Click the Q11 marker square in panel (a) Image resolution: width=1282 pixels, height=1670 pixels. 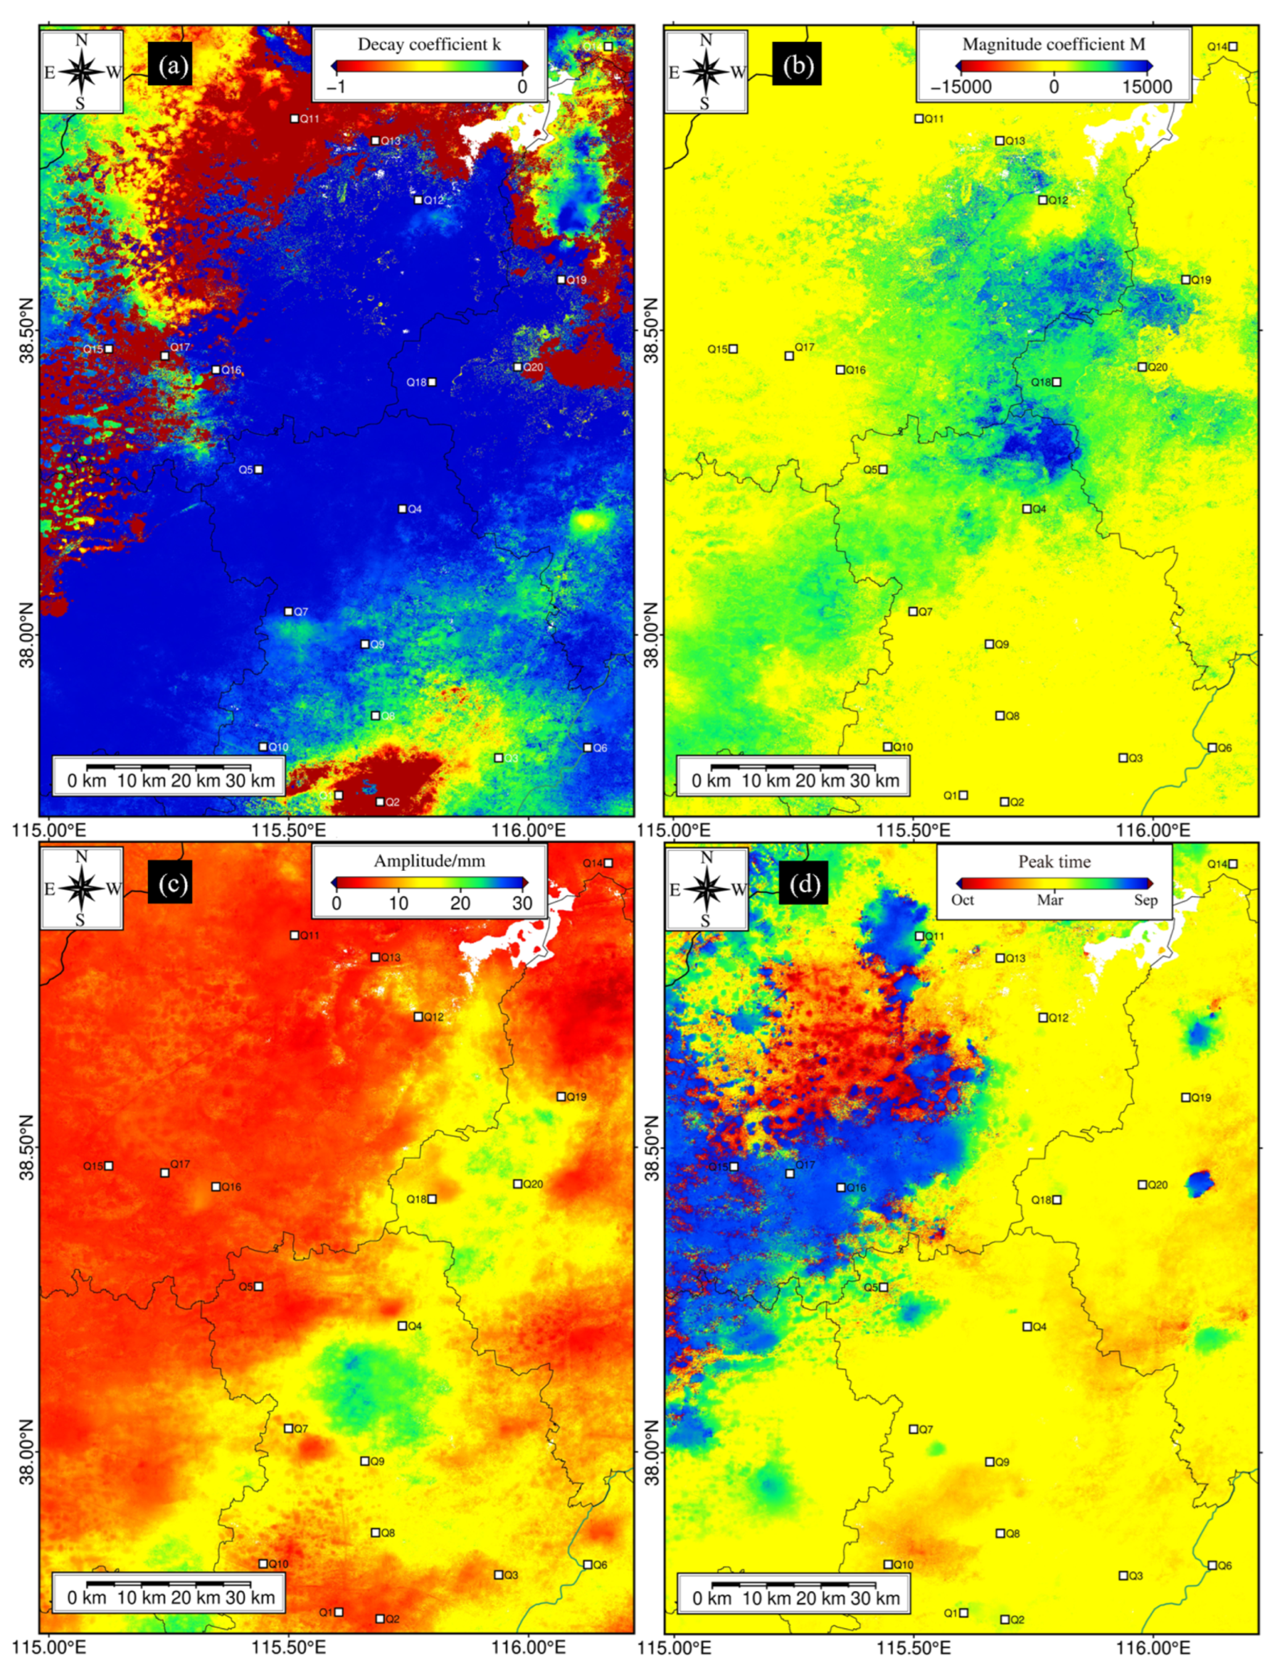coord(294,119)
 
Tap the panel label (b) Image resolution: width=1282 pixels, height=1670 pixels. coord(798,67)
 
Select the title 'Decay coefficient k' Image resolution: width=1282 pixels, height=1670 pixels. coord(429,44)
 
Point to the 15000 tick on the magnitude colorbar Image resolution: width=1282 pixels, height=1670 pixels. coord(1146,86)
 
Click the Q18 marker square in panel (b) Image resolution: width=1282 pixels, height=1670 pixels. coord(1057,381)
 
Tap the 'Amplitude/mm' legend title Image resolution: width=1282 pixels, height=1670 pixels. coord(429,861)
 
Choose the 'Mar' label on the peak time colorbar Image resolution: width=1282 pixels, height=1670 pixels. coord(1050,900)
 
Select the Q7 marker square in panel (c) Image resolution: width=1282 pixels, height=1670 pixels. coord(289,1429)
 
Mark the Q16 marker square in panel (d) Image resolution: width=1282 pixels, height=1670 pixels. coord(841,1187)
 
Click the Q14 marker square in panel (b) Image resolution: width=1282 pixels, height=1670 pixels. coord(1233,46)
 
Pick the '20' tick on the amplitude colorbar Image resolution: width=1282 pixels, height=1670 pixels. coord(460,904)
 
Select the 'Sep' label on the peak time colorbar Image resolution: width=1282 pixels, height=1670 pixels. coord(1146,900)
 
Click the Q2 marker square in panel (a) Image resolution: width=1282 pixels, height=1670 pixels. coord(380,802)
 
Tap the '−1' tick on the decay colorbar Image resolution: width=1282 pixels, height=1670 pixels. coord(336,87)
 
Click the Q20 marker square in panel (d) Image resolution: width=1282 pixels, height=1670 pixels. coord(1143,1184)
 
